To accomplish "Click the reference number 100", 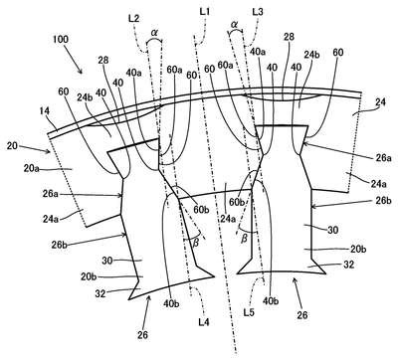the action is [60, 39].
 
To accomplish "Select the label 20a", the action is [31, 169].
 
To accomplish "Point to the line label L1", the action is [204, 12].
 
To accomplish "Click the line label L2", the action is [133, 19].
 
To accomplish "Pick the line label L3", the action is [258, 12].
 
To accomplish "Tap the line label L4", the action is [204, 321].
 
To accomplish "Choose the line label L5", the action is [249, 312].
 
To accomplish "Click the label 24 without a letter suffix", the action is [380, 102].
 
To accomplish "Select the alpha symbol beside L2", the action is [154, 33].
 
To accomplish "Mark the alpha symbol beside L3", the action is [235, 24].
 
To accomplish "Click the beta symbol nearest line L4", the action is [196, 243].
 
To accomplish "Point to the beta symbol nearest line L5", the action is [244, 239].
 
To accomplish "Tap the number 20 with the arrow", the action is [12, 145].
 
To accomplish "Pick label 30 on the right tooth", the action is [332, 230].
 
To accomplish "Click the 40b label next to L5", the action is [272, 300].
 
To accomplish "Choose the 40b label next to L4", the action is [171, 304].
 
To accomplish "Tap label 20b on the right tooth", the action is [358, 249].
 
